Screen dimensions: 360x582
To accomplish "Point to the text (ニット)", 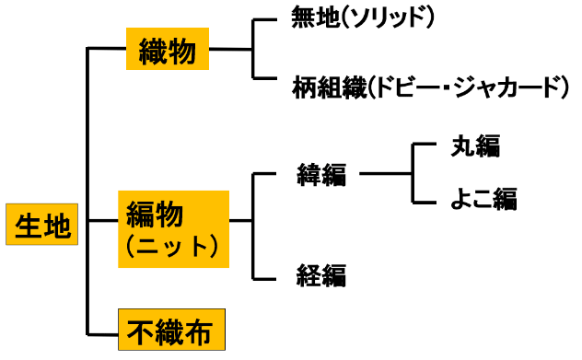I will coord(172,247).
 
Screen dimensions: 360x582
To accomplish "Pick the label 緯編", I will coord(321,173).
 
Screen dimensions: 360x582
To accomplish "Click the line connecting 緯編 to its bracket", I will coord(385,172).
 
